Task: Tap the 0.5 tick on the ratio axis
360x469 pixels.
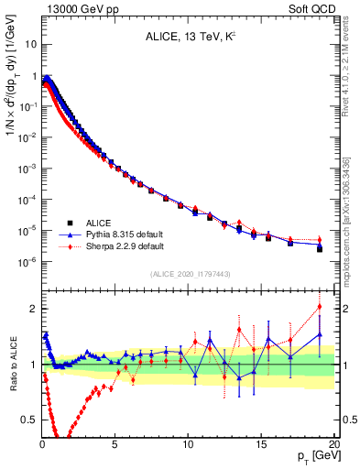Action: click(29, 420)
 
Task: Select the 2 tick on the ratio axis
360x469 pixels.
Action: click(33, 309)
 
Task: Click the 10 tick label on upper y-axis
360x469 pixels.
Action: click(30, 44)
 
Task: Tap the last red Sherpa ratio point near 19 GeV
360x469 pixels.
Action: click(319, 306)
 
